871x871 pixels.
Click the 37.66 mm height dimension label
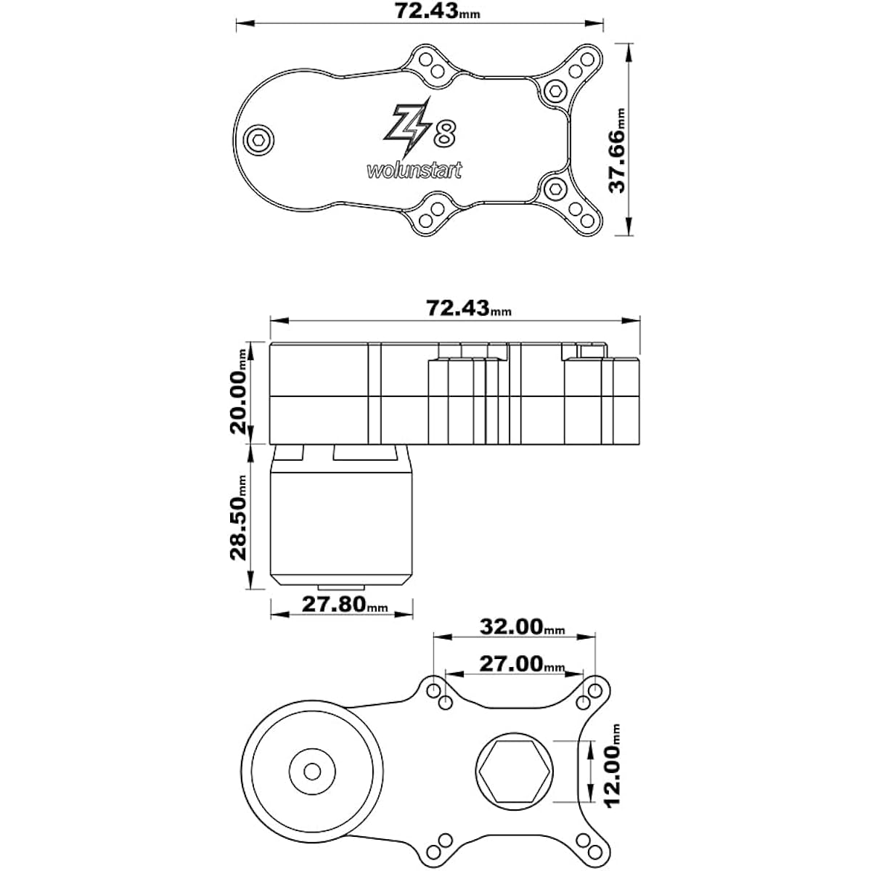pyautogui.click(x=618, y=150)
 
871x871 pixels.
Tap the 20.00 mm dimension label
pyautogui.click(x=239, y=390)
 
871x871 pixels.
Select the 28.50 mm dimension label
pyautogui.click(x=239, y=518)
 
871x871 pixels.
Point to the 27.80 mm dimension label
pyautogui.click(x=345, y=605)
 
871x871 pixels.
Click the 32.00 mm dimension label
pyautogui.click(x=522, y=627)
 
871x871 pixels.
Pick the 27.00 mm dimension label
pyautogui.click(x=522, y=664)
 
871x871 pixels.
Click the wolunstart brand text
pyautogui.click(x=414, y=171)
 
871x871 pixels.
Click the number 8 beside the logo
pyautogui.click(x=445, y=134)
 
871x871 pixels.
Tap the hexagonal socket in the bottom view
pyautogui.click(x=515, y=771)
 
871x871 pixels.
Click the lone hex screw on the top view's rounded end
pyautogui.click(x=258, y=140)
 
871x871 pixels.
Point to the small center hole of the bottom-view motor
pyautogui.click(x=312, y=772)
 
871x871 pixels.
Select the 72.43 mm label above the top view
pyautogui.click(x=438, y=12)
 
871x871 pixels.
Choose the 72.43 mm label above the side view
pyautogui.click(x=469, y=308)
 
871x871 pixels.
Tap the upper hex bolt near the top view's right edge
pyautogui.click(x=555, y=91)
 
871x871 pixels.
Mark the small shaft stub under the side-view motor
pyautogui.click(x=341, y=587)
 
